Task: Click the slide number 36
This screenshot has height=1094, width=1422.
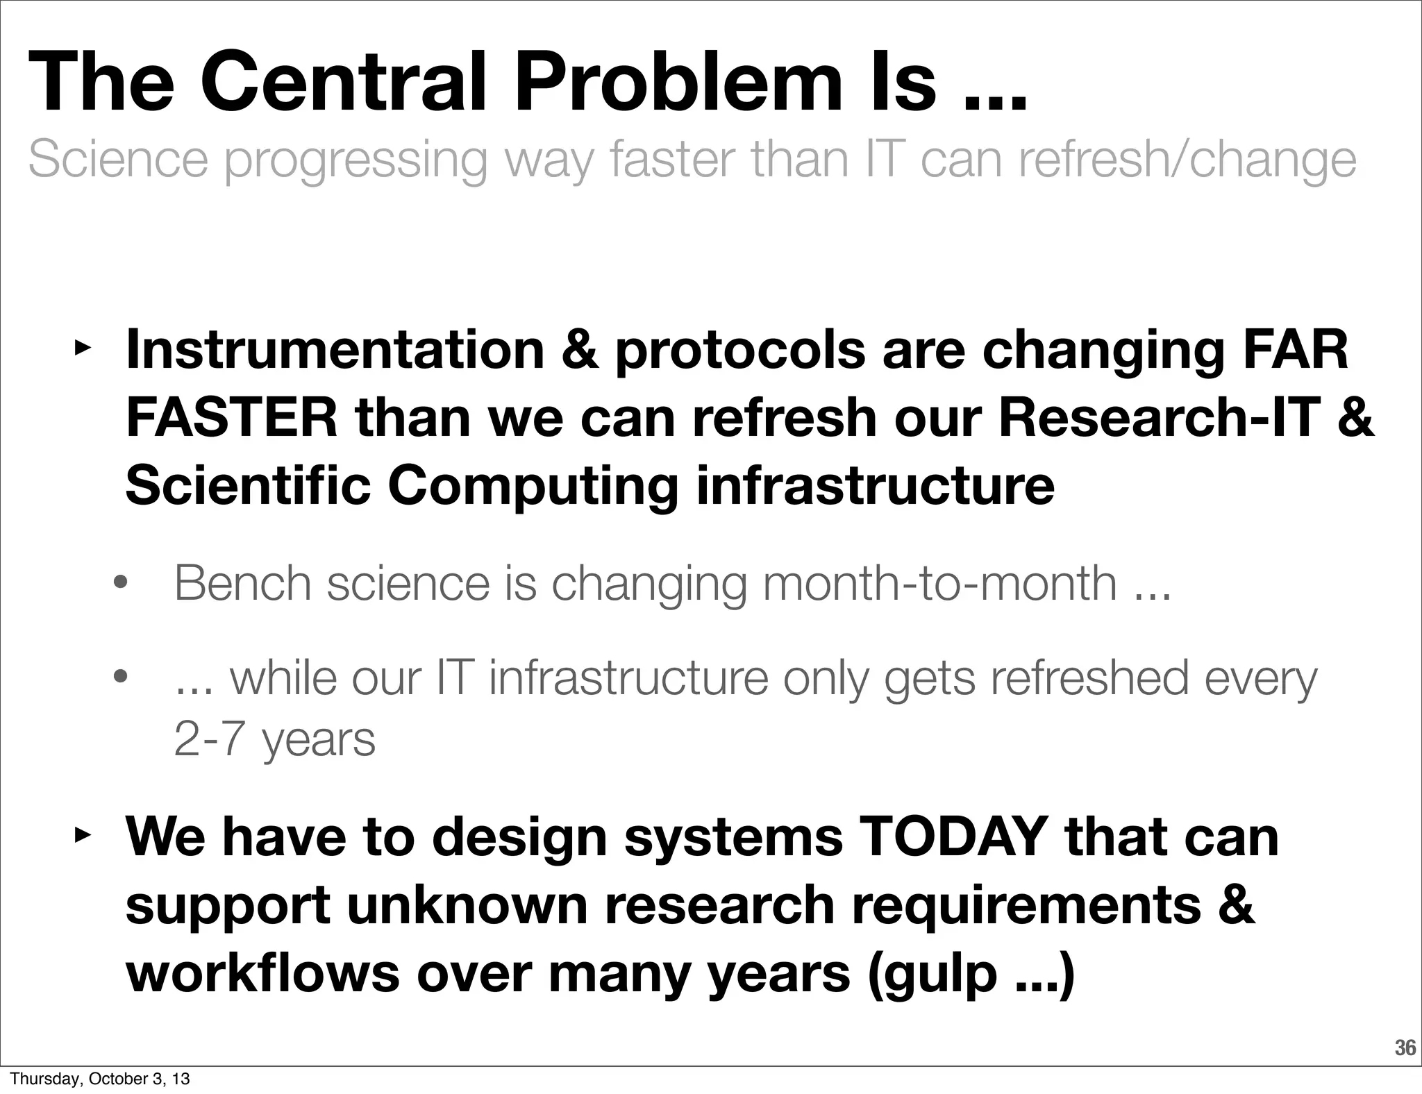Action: (1405, 1048)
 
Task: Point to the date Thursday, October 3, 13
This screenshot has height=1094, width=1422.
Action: (100, 1079)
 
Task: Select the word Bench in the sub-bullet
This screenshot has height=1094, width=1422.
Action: (242, 583)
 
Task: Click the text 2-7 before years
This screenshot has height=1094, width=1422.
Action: (208, 739)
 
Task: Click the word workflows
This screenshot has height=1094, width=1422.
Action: (263, 973)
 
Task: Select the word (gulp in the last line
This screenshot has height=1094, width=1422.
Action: (932, 973)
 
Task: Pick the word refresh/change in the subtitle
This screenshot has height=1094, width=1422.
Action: (1187, 160)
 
